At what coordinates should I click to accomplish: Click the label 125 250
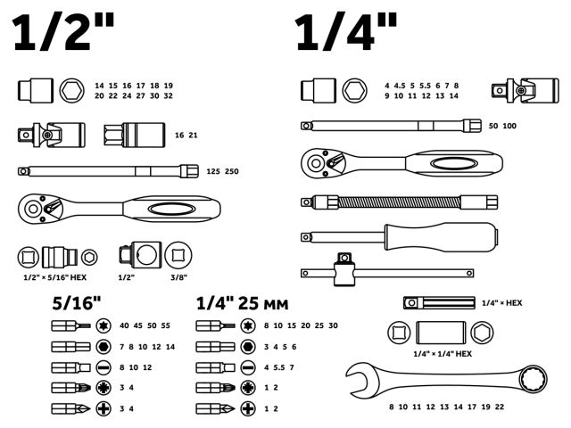click(222, 170)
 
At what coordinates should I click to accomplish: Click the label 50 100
click(502, 127)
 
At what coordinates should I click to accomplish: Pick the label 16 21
click(186, 135)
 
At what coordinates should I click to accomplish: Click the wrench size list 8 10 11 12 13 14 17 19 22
click(446, 407)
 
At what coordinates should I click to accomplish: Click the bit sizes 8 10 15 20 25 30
click(301, 326)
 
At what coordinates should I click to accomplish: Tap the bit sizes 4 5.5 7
click(279, 367)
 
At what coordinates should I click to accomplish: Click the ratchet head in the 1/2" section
click(41, 209)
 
